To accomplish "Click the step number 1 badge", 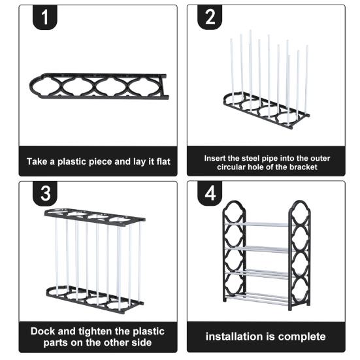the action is coord(45,17).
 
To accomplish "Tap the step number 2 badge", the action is coord(210,17).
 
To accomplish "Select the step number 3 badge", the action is coord(45,193).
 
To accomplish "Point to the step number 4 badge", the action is coord(210,193).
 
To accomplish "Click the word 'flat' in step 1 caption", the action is coord(163,161).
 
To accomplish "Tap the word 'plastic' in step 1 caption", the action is coord(72,162).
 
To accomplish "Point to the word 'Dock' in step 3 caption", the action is coord(42,331).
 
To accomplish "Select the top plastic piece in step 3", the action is coord(95,218).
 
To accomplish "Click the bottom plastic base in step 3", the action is coord(95,300).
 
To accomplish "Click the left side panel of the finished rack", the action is coord(224,253).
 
